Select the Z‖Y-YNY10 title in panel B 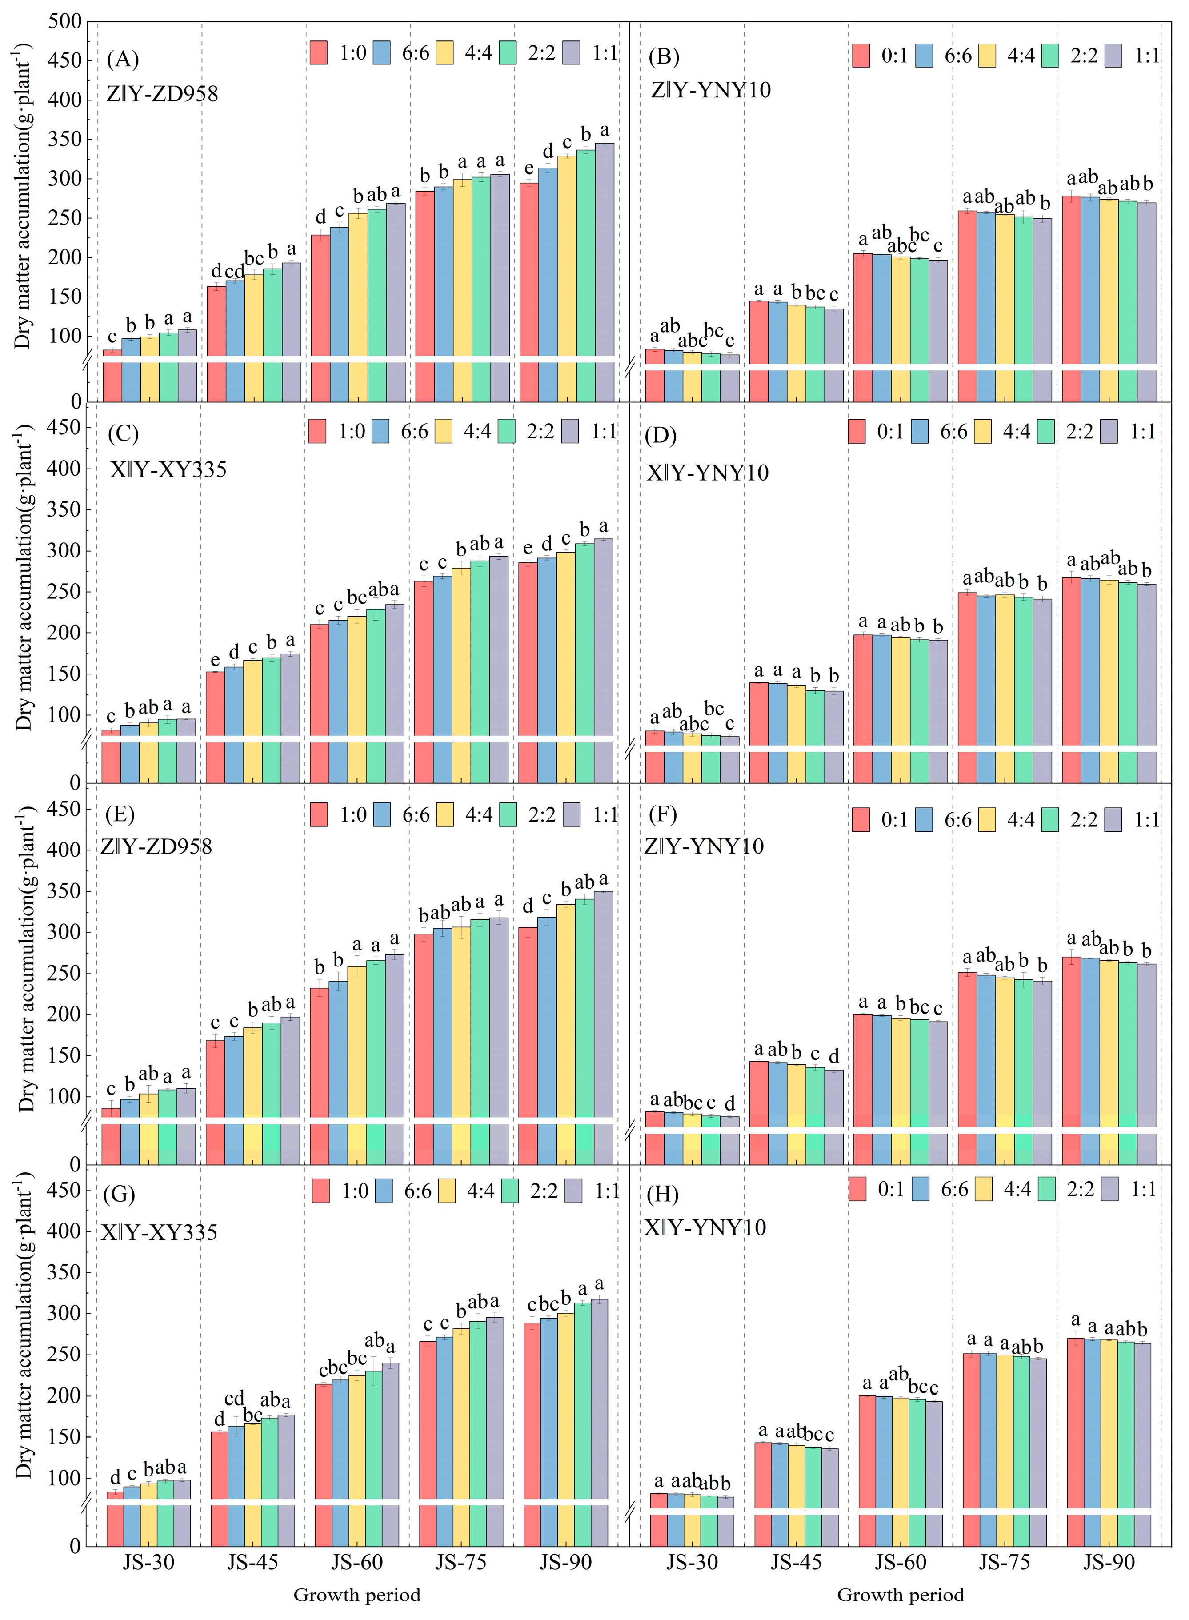pyautogui.click(x=710, y=90)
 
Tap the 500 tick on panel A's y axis pyautogui.click(x=65, y=22)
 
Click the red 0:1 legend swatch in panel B pyautogui.click(x=861, y=56)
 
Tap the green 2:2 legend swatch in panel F pyautogui.click(x=1049, y=820)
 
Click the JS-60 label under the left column pyautogui.click(x=356, y=1562)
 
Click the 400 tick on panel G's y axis pyautogui.click(x=65, y=1231)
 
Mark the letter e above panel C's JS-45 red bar pyautogui.click(x=215, y=661)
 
